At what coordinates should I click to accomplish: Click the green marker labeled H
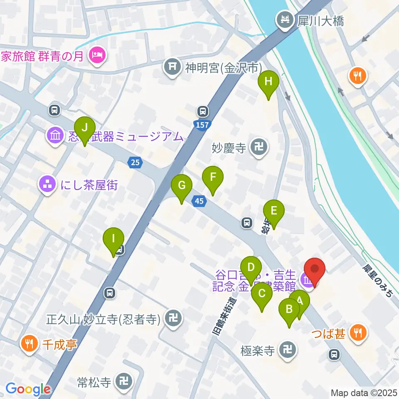coord(268,82)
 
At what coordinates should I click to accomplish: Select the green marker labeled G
coord(182,185)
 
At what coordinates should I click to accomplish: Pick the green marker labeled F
coord(213,177)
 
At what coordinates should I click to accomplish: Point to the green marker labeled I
coord(113,239)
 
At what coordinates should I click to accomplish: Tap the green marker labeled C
coord(262,294)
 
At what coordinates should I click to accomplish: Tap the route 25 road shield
coord(135,163)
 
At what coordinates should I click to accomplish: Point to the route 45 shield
coord(199,201)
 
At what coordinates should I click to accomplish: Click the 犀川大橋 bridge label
coord(320,20)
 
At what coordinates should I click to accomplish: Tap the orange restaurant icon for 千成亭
coord(28,343)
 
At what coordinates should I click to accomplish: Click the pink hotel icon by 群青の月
coord(96,54)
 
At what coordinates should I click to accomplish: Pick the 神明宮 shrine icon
coord(172,66)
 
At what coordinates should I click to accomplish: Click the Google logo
coord(28,389)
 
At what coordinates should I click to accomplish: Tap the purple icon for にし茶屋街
coord(47,185)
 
